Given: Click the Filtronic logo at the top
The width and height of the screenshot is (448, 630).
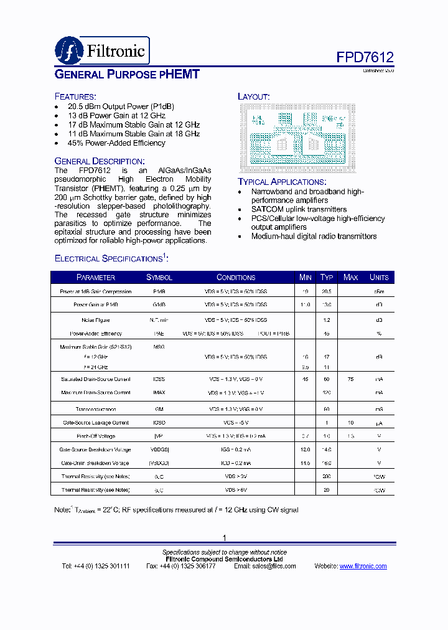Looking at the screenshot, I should click(x=102, y=50).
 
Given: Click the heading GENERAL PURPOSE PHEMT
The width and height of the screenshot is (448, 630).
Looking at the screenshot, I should click(x=127, y=75).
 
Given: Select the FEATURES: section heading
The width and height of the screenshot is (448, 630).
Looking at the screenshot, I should click(x=75, y=96).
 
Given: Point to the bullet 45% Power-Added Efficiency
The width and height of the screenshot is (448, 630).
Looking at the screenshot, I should click(x=116, y=143).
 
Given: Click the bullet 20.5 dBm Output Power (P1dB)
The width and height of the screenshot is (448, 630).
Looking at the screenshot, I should click(x=121, y=106).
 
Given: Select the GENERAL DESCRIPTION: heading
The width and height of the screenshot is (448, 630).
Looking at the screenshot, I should click(x=100, y=161).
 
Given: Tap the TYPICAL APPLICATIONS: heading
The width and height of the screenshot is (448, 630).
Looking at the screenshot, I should click(x=282, y=182).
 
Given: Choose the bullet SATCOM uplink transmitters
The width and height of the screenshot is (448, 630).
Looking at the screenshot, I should click(x=299, y=209).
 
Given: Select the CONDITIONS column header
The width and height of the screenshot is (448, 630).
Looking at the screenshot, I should click(x=236, y=277).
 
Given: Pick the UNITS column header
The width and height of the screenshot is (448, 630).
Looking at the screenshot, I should click(x=378, y=277).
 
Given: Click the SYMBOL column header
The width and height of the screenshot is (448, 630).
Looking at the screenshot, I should click(x=159, y=277).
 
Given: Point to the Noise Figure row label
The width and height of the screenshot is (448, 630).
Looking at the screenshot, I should click(x=95, y=320).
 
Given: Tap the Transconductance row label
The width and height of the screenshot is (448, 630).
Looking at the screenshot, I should click(x=95, y=409).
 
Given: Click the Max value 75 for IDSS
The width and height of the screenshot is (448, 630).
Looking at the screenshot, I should click(x=351, y=379).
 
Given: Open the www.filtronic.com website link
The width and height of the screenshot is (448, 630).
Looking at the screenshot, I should click(x=363, y=566).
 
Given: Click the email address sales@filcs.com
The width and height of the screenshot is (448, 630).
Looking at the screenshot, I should click(x=269, y=566).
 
